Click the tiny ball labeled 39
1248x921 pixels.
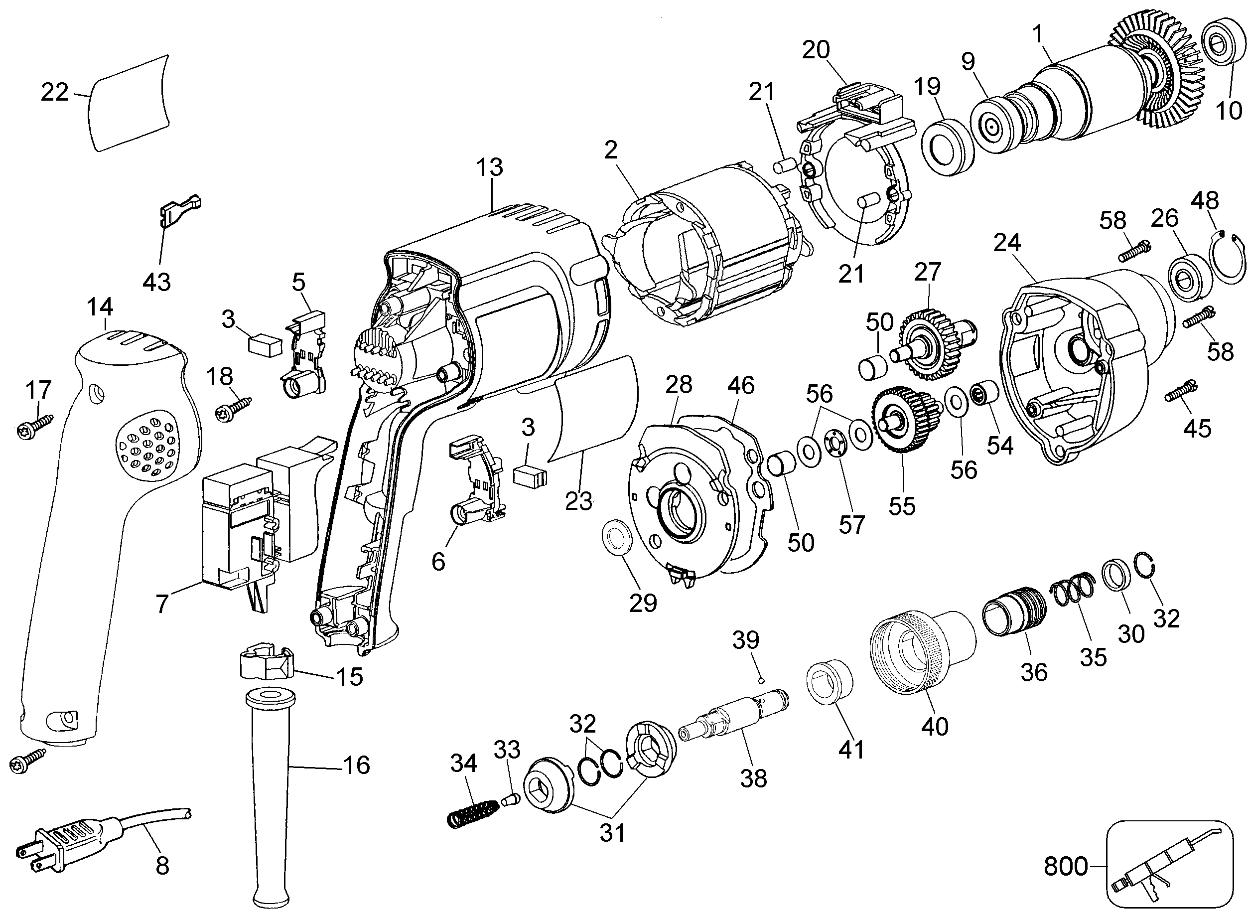[x=762, y=680]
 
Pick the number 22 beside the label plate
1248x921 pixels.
[x=55, y=92]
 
